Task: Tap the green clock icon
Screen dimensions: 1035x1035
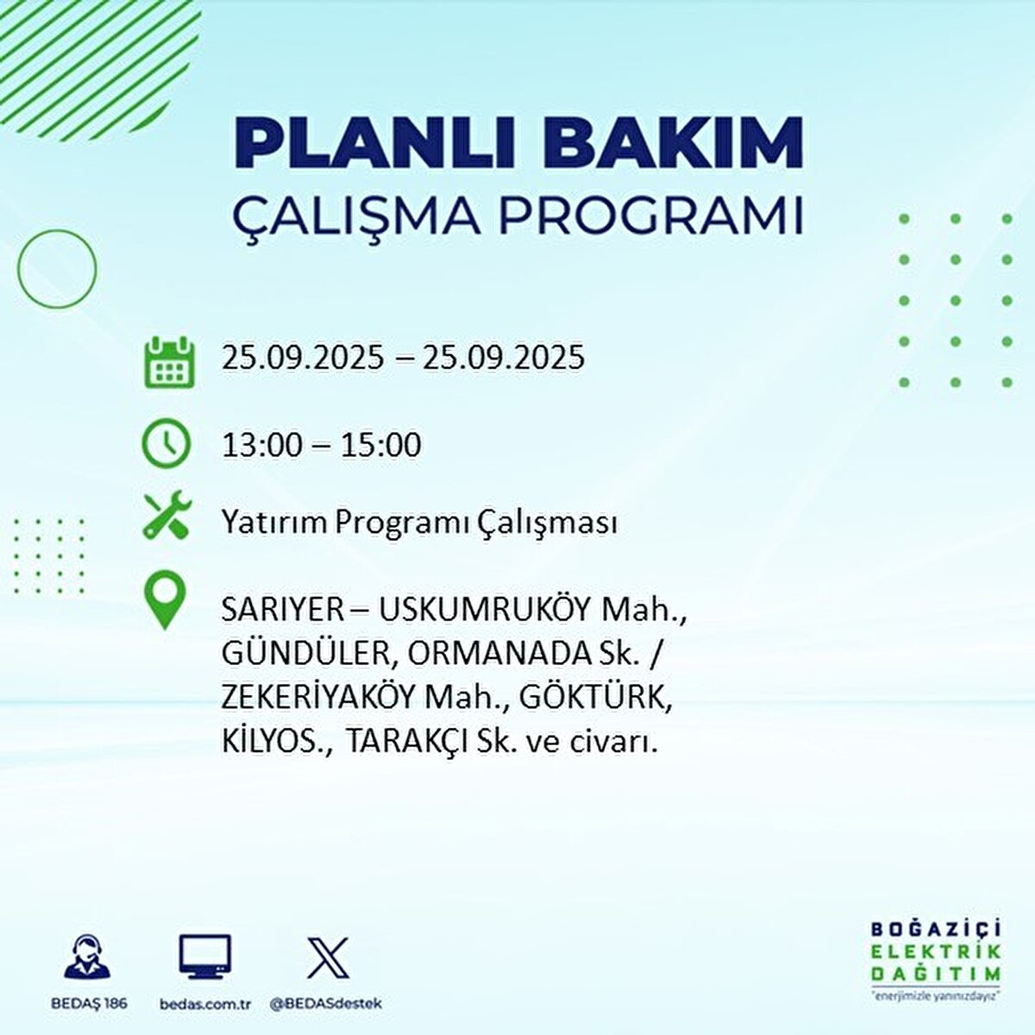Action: click(166, 443)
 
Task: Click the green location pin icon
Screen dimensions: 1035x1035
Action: click(166, 602)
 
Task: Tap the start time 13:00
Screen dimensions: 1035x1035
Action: click(261, 446)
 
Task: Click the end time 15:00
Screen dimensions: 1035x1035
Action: click(381, 446)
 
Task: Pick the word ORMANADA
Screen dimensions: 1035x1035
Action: click(497, 654)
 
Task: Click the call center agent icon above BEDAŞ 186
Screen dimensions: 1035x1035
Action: click(88, 958)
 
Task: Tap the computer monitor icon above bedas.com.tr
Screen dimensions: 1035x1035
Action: click(204, 958)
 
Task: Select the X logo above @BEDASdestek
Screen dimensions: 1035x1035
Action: click(328, 958)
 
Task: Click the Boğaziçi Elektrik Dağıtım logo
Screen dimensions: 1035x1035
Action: click(935, 960)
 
